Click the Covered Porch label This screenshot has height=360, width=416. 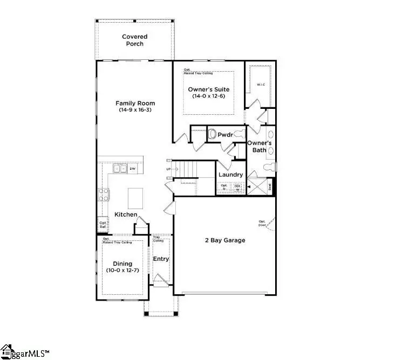coord(134,40)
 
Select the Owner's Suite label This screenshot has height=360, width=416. coord(208,89)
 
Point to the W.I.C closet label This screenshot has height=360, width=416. coord(260,84)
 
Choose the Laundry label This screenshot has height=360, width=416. coord(230,175)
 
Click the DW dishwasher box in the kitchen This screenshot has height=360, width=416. coord(132,169)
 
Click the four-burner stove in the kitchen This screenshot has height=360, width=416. coord(104,195)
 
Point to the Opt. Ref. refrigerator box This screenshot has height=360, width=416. coord(103,224)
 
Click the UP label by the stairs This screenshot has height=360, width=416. coord(168,170)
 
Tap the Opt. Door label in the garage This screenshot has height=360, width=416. coord(262,224)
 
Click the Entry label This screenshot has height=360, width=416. coord(161,259)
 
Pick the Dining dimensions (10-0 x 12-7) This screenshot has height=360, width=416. coord(122,269)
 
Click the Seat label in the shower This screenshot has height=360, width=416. coord(270,188)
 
